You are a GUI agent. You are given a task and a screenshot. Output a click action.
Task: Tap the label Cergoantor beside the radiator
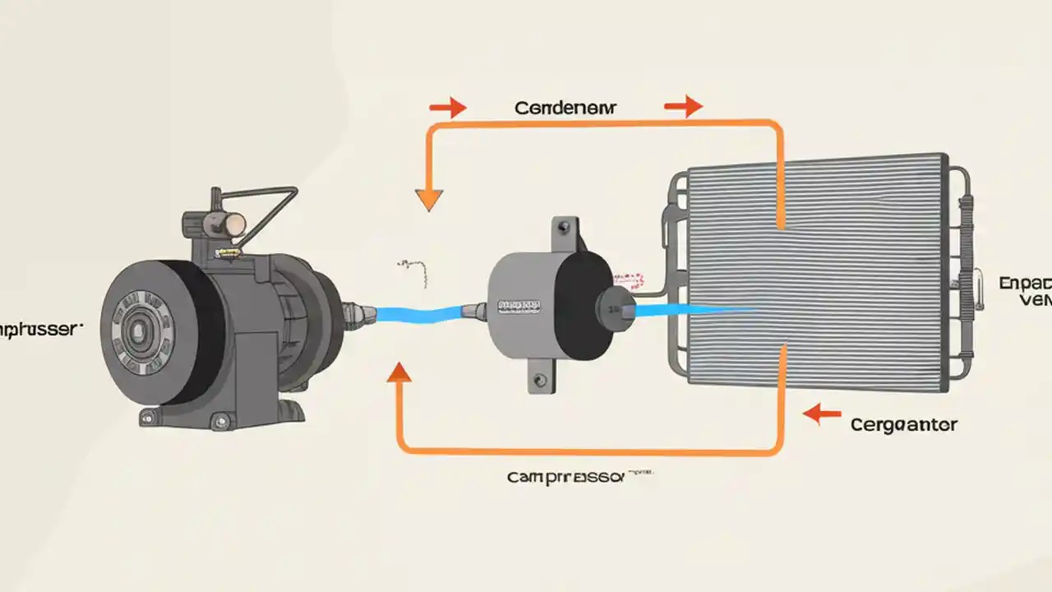click(x=903, y=424)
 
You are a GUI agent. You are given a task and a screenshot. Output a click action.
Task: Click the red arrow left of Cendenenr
click(x=447, y=107)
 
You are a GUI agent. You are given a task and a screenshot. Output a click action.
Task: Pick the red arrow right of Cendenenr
click(x=683, y=105)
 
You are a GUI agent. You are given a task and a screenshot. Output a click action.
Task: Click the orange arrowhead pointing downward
click(x=429, y=199)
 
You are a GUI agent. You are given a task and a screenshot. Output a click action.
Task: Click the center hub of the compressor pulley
click(x=136, y=331)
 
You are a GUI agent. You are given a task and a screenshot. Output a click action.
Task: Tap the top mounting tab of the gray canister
click(x=565, y=231)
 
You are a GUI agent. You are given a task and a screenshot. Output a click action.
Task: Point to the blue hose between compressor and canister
click(x=419, y=314)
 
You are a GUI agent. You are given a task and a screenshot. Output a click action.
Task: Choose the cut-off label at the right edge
click(x=1025, y=292)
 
